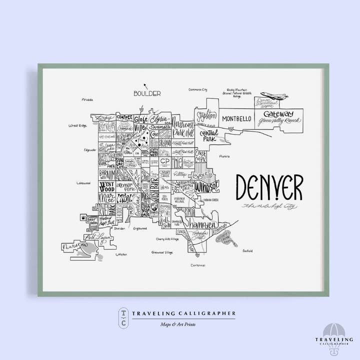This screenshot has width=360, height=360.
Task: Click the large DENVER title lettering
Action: (269, 188)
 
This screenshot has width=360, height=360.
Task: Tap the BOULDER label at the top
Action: (147, 93)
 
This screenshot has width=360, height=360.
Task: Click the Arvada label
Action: (87, 99)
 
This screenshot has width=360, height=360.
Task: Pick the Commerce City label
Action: (197, 90)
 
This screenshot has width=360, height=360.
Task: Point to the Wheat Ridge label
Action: (77, 125)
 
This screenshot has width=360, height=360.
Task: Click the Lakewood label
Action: (83, 183)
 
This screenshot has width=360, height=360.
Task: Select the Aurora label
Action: (224, 156)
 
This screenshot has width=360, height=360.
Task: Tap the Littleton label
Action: (121, 254)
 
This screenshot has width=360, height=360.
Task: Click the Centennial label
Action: (197, 265)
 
